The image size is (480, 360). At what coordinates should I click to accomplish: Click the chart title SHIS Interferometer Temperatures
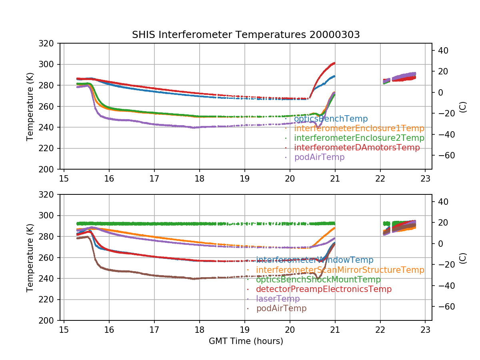click(246, 35)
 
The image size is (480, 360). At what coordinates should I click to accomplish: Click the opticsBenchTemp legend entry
click(330, 119)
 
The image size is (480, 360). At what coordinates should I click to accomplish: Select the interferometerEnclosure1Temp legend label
click(359, 128)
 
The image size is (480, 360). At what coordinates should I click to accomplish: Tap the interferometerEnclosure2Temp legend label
click(359, 138)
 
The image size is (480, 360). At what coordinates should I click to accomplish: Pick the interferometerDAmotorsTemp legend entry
click(357, 148)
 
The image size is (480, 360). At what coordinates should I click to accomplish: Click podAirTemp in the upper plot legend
click(319, 157)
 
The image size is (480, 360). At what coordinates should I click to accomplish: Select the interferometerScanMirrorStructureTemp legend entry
click(340, 270)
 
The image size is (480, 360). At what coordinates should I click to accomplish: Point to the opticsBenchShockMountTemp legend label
click(318, 280)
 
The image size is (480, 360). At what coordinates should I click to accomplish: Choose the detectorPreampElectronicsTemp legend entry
click(323, 289)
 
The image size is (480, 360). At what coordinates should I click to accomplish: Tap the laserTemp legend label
click(278, 299)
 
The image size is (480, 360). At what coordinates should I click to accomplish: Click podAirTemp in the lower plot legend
click(281, 308)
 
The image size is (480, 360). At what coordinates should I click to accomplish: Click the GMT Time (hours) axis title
click(246, 341)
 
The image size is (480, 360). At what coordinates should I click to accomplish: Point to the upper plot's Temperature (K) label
click(30, 106)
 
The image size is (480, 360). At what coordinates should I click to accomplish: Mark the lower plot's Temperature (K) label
click(30, 258)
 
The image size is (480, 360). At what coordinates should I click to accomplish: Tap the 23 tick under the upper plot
click(425, 178)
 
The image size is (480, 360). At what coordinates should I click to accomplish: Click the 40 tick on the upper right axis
click(440, 50)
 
